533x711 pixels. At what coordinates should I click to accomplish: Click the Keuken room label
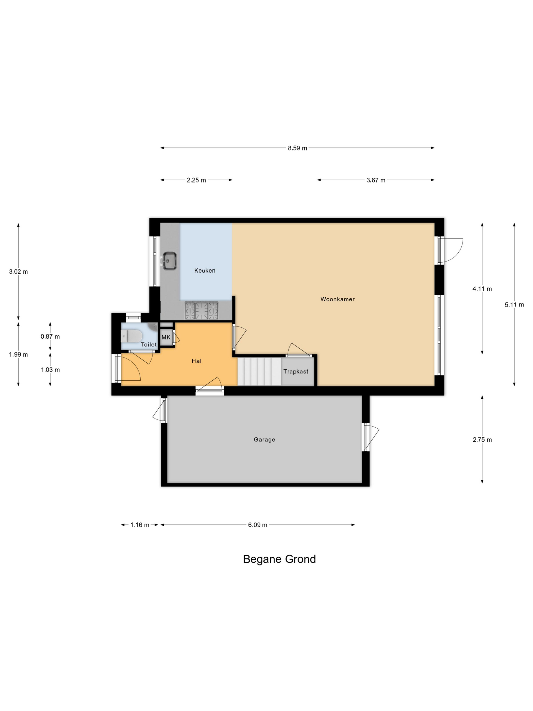pyautogui.click(x=205, y=271)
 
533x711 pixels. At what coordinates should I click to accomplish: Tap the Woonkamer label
pyautogui.click(x=337, y=299)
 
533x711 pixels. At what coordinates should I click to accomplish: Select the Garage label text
pyautogui.click(x=264, y=440)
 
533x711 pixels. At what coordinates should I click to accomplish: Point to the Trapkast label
pyautogui.click(x=296, y=371)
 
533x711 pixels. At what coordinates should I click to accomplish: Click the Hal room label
pyautogui.click(x=196, y=361)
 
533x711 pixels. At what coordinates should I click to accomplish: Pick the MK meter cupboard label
pyautogui.click(x=166, y=337)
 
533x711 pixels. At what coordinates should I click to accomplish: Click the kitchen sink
pyautogui.click(x=169, y=260)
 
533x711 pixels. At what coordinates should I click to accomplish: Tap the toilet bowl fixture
pyautogui.click(x=131, y=336)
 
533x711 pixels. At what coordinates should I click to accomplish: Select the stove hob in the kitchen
pyautogui.click(x=202, y=311)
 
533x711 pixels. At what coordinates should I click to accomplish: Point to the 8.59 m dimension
pyautogui.click(x=297, y=148)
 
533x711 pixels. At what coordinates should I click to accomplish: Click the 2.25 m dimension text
pyautogui.click(x=196, y=180)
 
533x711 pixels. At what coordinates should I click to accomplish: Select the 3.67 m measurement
pyautogui.click(x=376, y=180)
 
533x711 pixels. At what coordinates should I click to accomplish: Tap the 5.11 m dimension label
pyautogui.click(x=514, y=305)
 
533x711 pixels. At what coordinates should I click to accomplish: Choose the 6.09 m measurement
pyautogui.click(x=257, y=525)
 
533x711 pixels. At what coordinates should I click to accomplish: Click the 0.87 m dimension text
pyautogui.click(x=50, y=336)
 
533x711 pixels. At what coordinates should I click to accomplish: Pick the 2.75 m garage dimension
pyautogui.click(x=482, y=440)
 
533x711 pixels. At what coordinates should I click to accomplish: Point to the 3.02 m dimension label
pyautogui.click(x=18, y=272)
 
